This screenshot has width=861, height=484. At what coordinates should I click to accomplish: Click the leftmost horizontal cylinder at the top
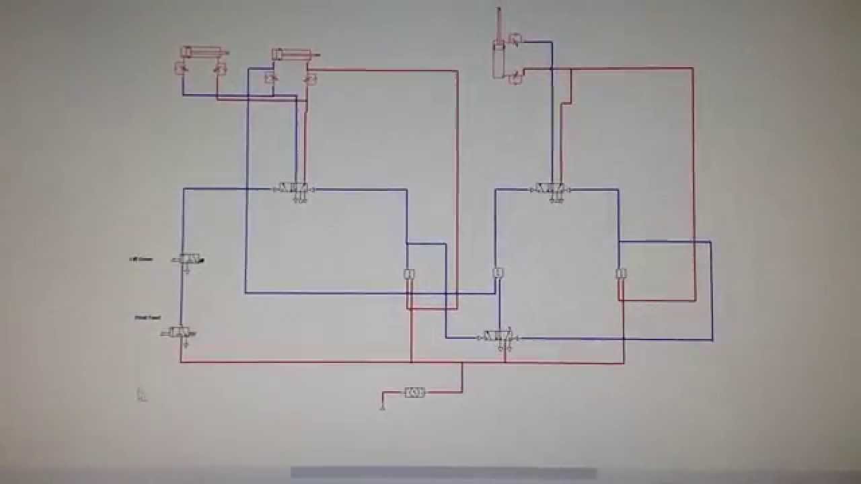(x=202, y=52)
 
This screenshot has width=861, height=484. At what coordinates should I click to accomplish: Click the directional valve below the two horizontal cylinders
(x=294, y=190)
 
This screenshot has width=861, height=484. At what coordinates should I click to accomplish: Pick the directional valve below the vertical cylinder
(x=552, y=190)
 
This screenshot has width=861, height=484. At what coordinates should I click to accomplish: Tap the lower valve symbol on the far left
(x=180, y=332)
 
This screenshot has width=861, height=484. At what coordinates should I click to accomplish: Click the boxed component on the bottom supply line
(x=414, y=393)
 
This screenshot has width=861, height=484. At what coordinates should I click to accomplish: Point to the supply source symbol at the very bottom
(x=383, y=405)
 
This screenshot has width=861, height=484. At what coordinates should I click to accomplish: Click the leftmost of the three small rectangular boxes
(x=408, y=274)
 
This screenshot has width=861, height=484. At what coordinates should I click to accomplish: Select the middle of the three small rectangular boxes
(x=498, y=273)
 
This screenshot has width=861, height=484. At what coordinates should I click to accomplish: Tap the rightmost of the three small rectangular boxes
(x=621, y=274)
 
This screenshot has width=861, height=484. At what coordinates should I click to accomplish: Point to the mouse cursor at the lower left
(x=141, y=394)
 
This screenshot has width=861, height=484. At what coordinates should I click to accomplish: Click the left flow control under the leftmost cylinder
(x=181, y=67)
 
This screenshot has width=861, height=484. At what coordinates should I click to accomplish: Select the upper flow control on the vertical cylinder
(x=515, y=40)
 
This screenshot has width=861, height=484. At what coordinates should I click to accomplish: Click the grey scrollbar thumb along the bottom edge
(x=443, y=474)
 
